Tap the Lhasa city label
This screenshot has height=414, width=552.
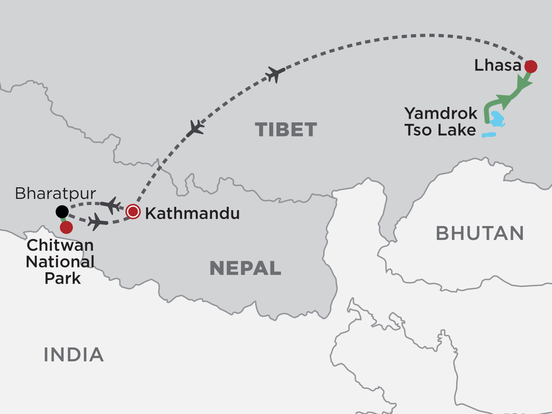coord(498,65)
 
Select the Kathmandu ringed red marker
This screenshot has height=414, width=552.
coord(133,212)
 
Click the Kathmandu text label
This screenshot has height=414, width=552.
coord(192,214)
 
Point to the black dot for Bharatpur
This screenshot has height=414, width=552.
coord(62,212)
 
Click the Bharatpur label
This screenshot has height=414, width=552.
coord(56,194)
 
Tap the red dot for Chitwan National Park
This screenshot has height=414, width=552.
coord(66,227)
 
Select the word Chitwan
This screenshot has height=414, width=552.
coord(60,245)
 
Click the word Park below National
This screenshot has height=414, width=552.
coord(63,278)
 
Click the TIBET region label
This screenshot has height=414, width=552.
coord(286,130)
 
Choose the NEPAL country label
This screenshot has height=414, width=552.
coord(245,268)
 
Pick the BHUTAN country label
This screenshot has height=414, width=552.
coord(480,233)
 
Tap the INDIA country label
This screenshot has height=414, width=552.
coord(74,355)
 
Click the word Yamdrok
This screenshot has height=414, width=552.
coord(441,113)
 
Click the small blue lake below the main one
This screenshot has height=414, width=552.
coord(489,135)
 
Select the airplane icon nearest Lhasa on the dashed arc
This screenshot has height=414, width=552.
coord(275,74)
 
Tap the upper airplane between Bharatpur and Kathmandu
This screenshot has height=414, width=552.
coord(111,205)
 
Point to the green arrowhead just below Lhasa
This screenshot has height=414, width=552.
coord(525,82)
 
